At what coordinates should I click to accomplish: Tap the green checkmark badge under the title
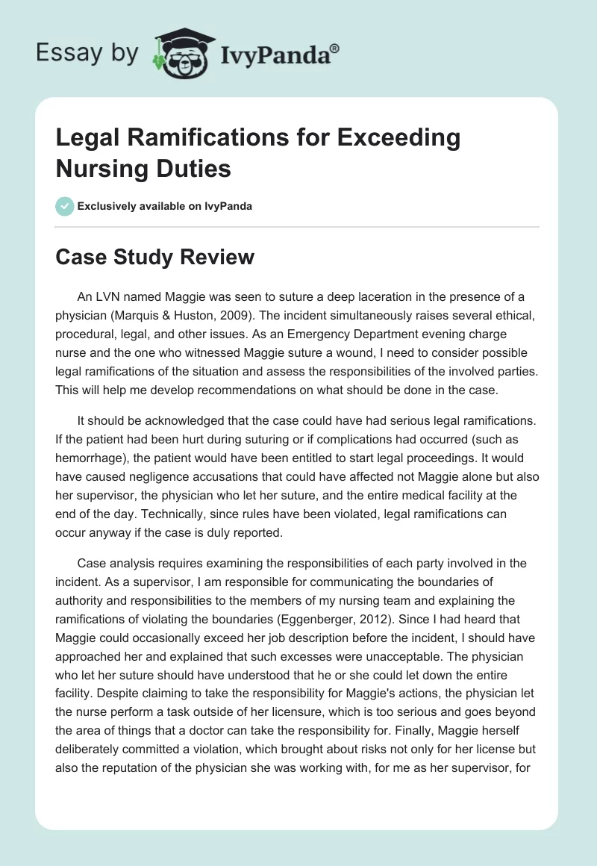(65, 206)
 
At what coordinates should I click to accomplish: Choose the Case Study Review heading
(155, 257)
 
